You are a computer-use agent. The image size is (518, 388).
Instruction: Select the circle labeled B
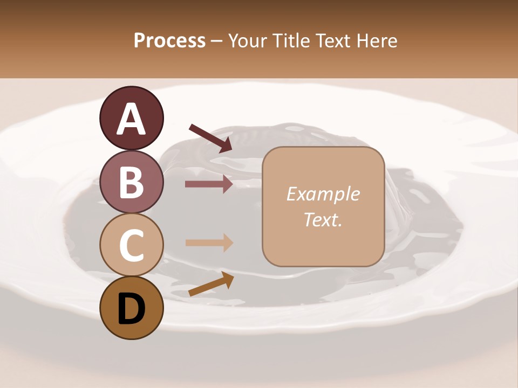click(131, 182)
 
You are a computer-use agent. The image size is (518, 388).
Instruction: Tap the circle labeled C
click(131, 245)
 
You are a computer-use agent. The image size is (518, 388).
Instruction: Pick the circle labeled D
click(131, 308)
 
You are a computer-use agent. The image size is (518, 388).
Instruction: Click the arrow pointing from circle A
click(210, 137)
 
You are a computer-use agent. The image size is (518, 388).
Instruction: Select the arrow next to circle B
click(209, 184)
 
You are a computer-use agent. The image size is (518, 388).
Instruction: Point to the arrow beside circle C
click(209, 242)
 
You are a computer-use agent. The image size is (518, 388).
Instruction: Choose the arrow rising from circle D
click(211, 284)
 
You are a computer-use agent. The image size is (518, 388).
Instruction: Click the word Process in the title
click(169, 41)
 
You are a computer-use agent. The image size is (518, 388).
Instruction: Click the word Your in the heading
click(249, 41)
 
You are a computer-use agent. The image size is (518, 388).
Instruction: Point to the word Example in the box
click(323, 194)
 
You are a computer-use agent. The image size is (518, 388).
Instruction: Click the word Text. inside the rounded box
click(323, 219)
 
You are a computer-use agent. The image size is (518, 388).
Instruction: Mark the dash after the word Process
click(216, 41)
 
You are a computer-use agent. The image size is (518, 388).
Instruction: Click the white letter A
click(131, 119)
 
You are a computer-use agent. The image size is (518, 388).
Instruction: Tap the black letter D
click(131, 309)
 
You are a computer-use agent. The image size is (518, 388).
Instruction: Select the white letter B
click(131, 182)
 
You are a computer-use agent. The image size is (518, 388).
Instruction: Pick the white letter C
click(131, 245)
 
